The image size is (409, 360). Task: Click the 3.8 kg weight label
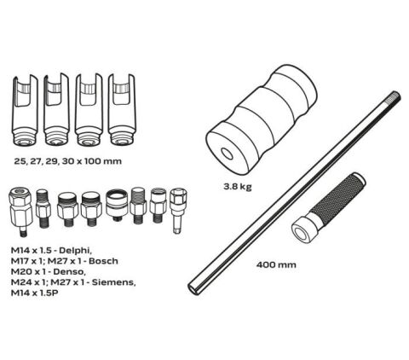coord(238,187)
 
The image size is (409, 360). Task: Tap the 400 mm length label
coord(276,265)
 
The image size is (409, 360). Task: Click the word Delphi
coord(76,251)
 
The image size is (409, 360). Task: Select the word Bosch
coord(102,261)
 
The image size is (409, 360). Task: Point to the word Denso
coord(69,271)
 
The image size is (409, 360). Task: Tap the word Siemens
coord(113,282)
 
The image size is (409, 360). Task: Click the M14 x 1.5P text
coord(34,293)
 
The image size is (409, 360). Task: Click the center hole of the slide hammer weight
coord(227,154)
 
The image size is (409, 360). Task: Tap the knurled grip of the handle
coord(337,196)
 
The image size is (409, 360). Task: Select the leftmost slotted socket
coord(26,110)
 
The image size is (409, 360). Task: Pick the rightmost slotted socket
coord(122,110)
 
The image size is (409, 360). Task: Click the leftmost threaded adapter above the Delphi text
coord(20,211)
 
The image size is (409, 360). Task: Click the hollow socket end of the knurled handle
coord(302,229)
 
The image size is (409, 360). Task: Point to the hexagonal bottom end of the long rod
coord(194,287)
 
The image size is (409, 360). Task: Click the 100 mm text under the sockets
coord(102,161)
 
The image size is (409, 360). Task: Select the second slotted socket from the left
coord(57,110)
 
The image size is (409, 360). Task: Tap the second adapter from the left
coord(43,208)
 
